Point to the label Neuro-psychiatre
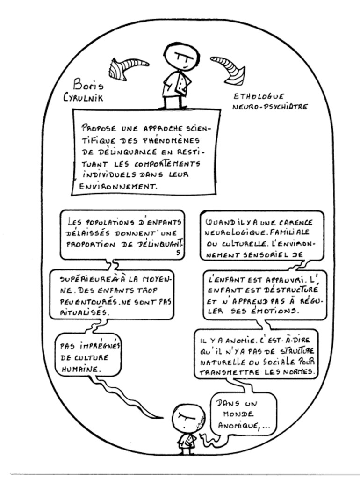click(271, 107)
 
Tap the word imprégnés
click(90, 347)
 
